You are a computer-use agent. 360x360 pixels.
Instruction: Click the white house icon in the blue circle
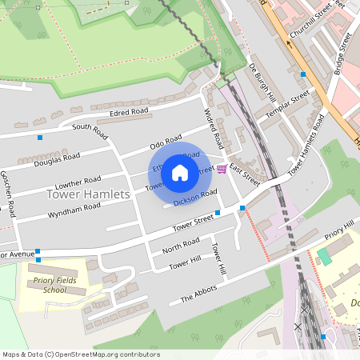[x=180, y=172]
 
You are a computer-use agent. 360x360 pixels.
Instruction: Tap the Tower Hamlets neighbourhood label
[x=88, y=194]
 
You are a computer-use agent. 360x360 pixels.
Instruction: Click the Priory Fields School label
[x=50, y=285]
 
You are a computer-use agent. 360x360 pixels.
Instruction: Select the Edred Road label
[x=130, y=111]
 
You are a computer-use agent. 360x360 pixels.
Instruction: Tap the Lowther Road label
[x=78, y=182]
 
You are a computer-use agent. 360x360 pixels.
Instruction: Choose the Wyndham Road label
[x=74, y=208]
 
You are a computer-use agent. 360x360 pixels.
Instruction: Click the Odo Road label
[x=166, y=142]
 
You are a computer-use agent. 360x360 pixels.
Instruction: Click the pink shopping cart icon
[x=221, y=169]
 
